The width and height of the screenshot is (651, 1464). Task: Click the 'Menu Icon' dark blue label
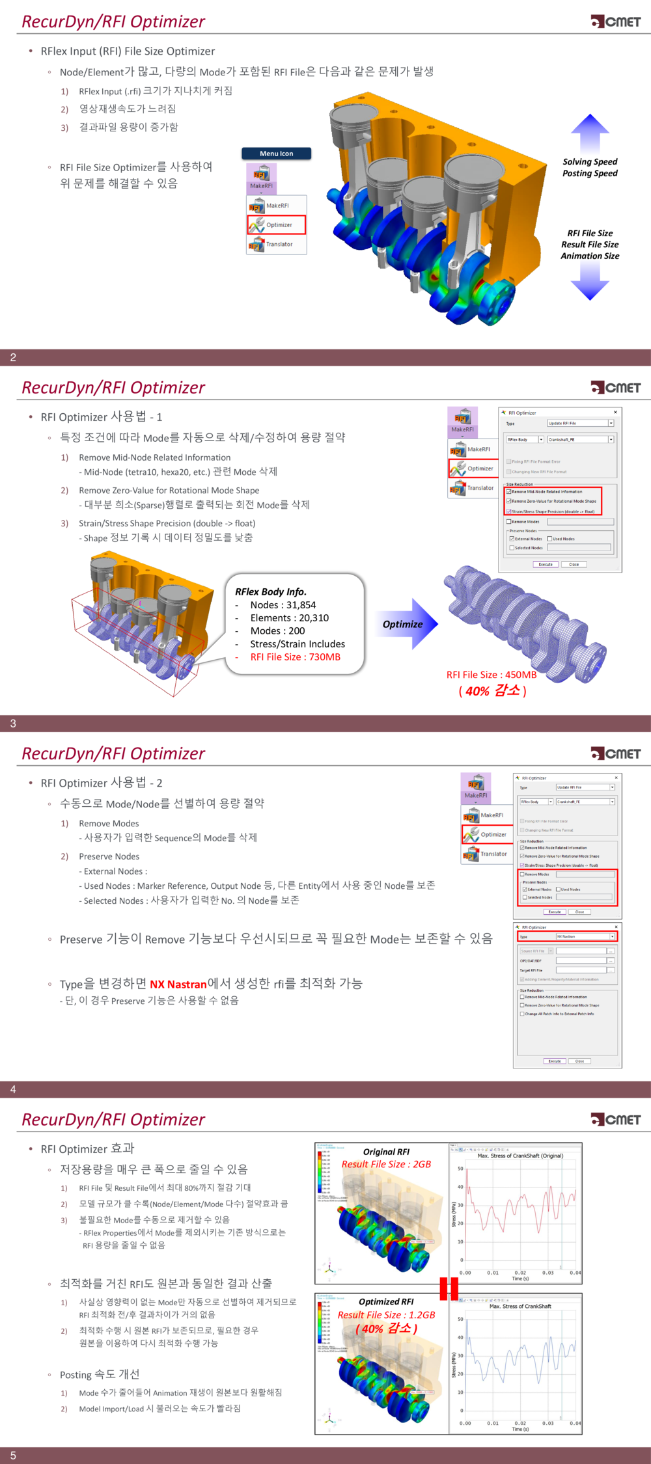pyautogui.click(x=276, y=154)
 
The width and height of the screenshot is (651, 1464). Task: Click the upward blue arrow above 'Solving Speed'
pyautogui.click(x=590, y=133)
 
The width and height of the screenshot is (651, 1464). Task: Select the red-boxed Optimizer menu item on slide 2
pyautogui.click(x=276, y=224)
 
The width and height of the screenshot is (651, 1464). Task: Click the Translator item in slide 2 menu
pyautogui.click(x=276, y=245)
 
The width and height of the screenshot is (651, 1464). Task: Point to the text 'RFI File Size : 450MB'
pyautogui.click(x=492, y=675)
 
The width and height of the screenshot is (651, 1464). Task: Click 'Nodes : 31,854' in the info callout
pyautogui.click(x=283, y=605)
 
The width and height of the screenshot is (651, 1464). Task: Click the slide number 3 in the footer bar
pyautogui.click(x=13, y=724)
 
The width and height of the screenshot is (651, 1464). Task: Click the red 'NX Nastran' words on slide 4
pyautogui.click(x=178, y=984)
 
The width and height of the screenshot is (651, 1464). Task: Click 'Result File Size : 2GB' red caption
pyautogui.click(x=386, y=1164)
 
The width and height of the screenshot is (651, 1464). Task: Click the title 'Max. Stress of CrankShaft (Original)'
pyautogui.click(x=520, y=1156)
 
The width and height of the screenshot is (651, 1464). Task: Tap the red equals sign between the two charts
pyautogui.click(x=449, y=1288)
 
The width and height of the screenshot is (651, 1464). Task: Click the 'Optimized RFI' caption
pyautogui.click(x=386, y=1301)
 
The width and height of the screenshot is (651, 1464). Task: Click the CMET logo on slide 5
pyautogui.click(x=616, y=1119)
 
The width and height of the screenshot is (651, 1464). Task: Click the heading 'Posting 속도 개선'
pyautogui.click(x=100, y=1374)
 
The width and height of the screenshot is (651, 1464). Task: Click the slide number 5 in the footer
pyautogui.click(x=13, y=1456)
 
